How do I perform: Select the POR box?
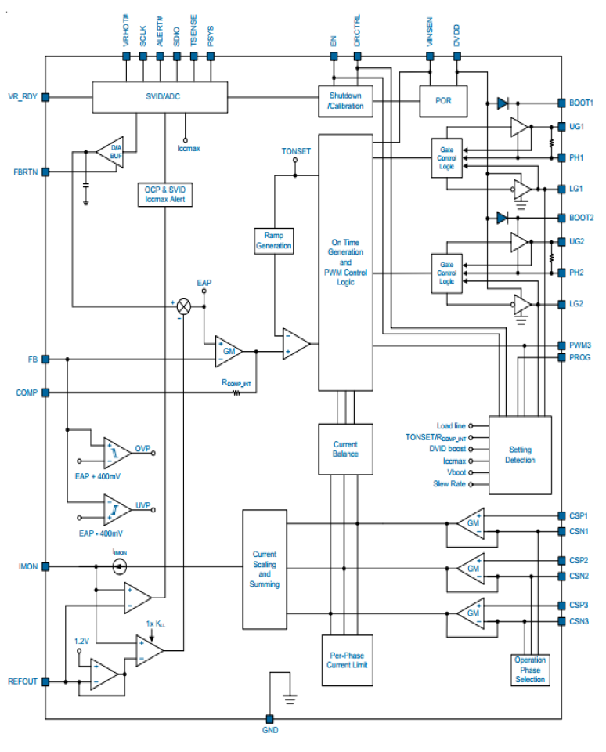coord(443,100)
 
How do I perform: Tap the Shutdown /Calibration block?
coord(345,100)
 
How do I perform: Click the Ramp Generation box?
coord(274,240)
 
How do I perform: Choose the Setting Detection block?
coord(520,455)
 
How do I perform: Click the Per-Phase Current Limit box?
coord(345,660)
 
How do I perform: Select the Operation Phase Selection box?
coord(530,670)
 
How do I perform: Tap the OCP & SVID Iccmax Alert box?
coord(164,194)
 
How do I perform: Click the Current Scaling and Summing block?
coord(265,569)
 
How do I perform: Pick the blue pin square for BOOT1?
coord(561,103)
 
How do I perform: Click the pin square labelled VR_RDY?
coord(45,97)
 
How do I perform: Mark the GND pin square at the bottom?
coord(269,718)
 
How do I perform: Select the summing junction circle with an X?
coord(184,305)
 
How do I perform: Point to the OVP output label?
coord(142,449)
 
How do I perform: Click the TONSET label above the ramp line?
coord(296,151)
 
